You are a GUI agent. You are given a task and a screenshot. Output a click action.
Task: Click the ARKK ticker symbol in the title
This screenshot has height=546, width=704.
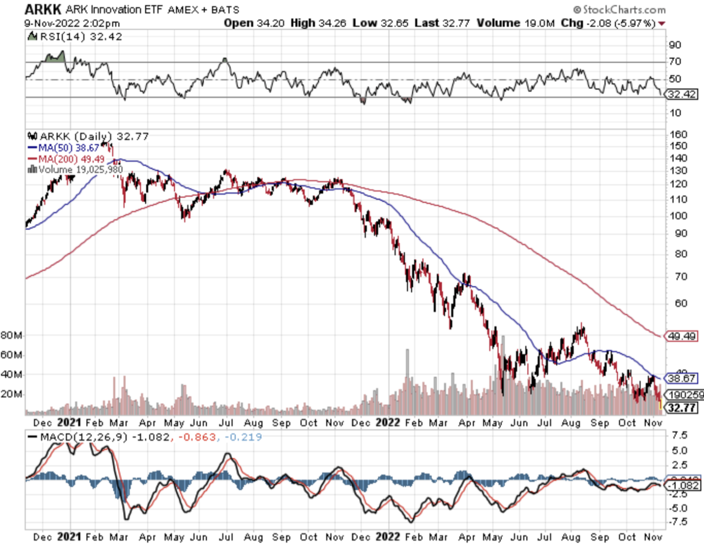[x=43, y=9]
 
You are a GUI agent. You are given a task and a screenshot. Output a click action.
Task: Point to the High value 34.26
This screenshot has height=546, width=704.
[x=331, y=23]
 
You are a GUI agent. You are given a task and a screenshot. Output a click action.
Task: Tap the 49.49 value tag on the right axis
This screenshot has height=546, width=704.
[x=682, y=336]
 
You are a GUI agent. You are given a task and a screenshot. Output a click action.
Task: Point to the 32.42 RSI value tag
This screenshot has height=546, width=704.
[x=682, y=94]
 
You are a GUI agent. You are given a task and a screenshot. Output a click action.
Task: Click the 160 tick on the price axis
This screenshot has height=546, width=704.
[x=678, y=134]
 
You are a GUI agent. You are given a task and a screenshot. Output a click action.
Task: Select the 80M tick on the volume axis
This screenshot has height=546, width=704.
[x=11, y=336]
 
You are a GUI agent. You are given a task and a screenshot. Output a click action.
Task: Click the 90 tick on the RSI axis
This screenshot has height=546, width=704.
[x=675, y=45]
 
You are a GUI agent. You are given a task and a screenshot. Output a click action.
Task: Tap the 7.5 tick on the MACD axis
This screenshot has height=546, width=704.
[x=679, y=435]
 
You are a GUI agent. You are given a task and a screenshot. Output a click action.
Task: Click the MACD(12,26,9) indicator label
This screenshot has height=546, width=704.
[x=83, y=437]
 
